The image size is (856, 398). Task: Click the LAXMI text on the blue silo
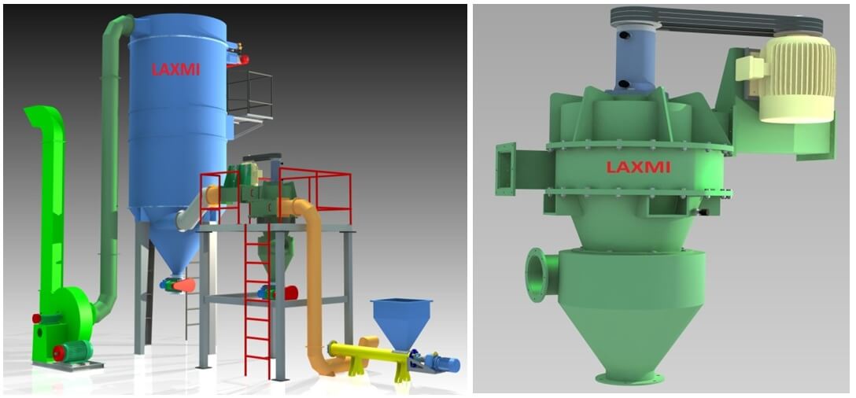pos(175,69)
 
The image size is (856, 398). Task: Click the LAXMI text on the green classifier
pos(637,167)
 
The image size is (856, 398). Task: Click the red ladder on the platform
pos(257,300)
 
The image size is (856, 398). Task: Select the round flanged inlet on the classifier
pos(541,272)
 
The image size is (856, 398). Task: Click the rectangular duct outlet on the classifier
pos(506,168)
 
